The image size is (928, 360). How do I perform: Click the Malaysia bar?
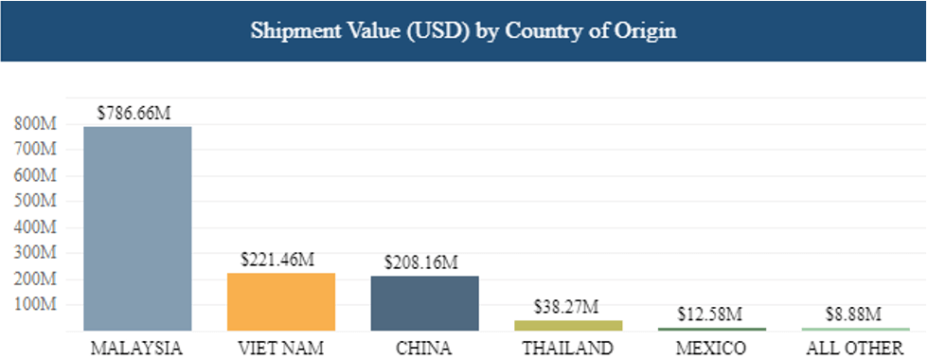tap(137, 228)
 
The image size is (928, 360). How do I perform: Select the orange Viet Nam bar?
tap(281, 301)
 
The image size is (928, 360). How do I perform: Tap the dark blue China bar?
tap(424, 303)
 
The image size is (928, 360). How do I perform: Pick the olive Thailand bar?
tap(568, 325)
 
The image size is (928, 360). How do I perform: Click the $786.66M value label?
tap(134, 112)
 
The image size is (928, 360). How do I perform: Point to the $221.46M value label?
tap(279, 259)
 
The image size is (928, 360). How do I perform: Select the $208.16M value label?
tap(422, 261)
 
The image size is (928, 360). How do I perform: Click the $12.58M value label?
tap(708, 314)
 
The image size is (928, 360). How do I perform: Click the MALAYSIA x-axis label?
tap(137, 347)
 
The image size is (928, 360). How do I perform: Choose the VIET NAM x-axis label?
tap(281, 347)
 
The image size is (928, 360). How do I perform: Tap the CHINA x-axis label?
tap(424, 347)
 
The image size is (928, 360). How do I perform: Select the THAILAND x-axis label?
tap(568, 347)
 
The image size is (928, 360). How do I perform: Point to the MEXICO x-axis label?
tap(711, 347)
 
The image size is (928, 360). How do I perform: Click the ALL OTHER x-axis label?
tap(854, 347)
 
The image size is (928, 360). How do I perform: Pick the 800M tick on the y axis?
tap(35, 123)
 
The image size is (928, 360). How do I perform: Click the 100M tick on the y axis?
tap(35, 305)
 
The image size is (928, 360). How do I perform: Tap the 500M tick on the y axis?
tap(35, 202)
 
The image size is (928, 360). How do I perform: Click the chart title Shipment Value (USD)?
tap(463, 30)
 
